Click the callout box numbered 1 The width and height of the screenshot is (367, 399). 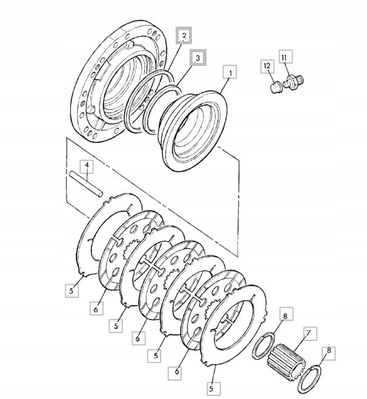(x=230, y=72)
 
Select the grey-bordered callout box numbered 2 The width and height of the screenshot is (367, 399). (x=183, y=36)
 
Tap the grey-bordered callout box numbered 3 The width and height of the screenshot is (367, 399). (x=197, y=58)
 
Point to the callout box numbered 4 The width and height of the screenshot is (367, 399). (x=87, y=167)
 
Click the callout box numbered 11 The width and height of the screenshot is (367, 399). (x=285, y=56)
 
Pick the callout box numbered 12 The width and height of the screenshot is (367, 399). (x=267, y=67)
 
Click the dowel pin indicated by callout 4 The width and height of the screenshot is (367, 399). (x=86, y=184)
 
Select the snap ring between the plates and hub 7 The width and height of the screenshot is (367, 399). (x=263, y=346)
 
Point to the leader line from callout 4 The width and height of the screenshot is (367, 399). (x=87, y=177)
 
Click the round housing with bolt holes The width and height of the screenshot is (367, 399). (x=119, y=81)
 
